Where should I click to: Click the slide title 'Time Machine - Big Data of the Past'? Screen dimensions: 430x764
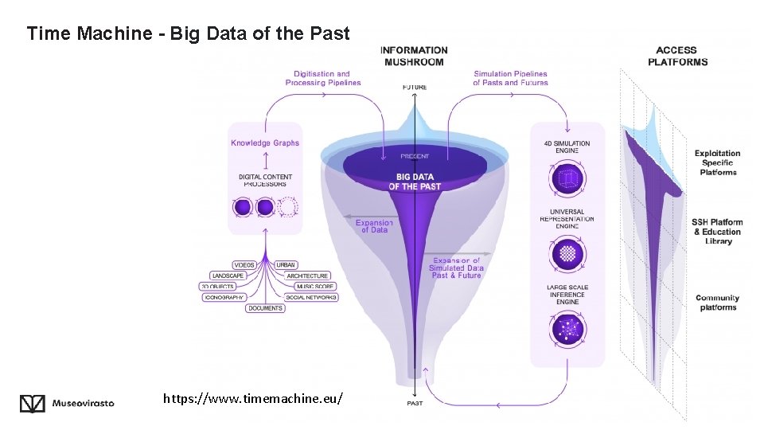point(188,33)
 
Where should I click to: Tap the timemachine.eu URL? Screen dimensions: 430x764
point(253,397)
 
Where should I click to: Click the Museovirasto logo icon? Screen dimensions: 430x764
point(33,404)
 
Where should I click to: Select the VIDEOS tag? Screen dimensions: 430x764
point(244,264)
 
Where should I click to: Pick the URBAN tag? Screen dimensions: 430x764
point(286,264)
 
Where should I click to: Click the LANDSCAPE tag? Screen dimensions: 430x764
point(228,276)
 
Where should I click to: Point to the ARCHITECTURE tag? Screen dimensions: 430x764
point(307,276)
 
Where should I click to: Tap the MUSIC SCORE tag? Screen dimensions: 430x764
point(314,286)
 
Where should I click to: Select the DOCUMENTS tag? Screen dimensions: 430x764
point(265,308)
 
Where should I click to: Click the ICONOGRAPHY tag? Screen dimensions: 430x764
point(224,297)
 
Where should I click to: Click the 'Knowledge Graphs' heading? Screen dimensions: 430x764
point(265,143)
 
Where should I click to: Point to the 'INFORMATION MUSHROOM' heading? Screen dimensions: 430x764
point(414,56)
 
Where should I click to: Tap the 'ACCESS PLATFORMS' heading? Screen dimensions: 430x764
point(677,56)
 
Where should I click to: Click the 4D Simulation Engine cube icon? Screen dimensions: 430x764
point(568,177)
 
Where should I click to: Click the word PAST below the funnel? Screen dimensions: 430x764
point(415,403)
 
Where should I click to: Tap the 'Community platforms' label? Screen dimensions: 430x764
point(717,303)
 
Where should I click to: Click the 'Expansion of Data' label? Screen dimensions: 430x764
point(374,226)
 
